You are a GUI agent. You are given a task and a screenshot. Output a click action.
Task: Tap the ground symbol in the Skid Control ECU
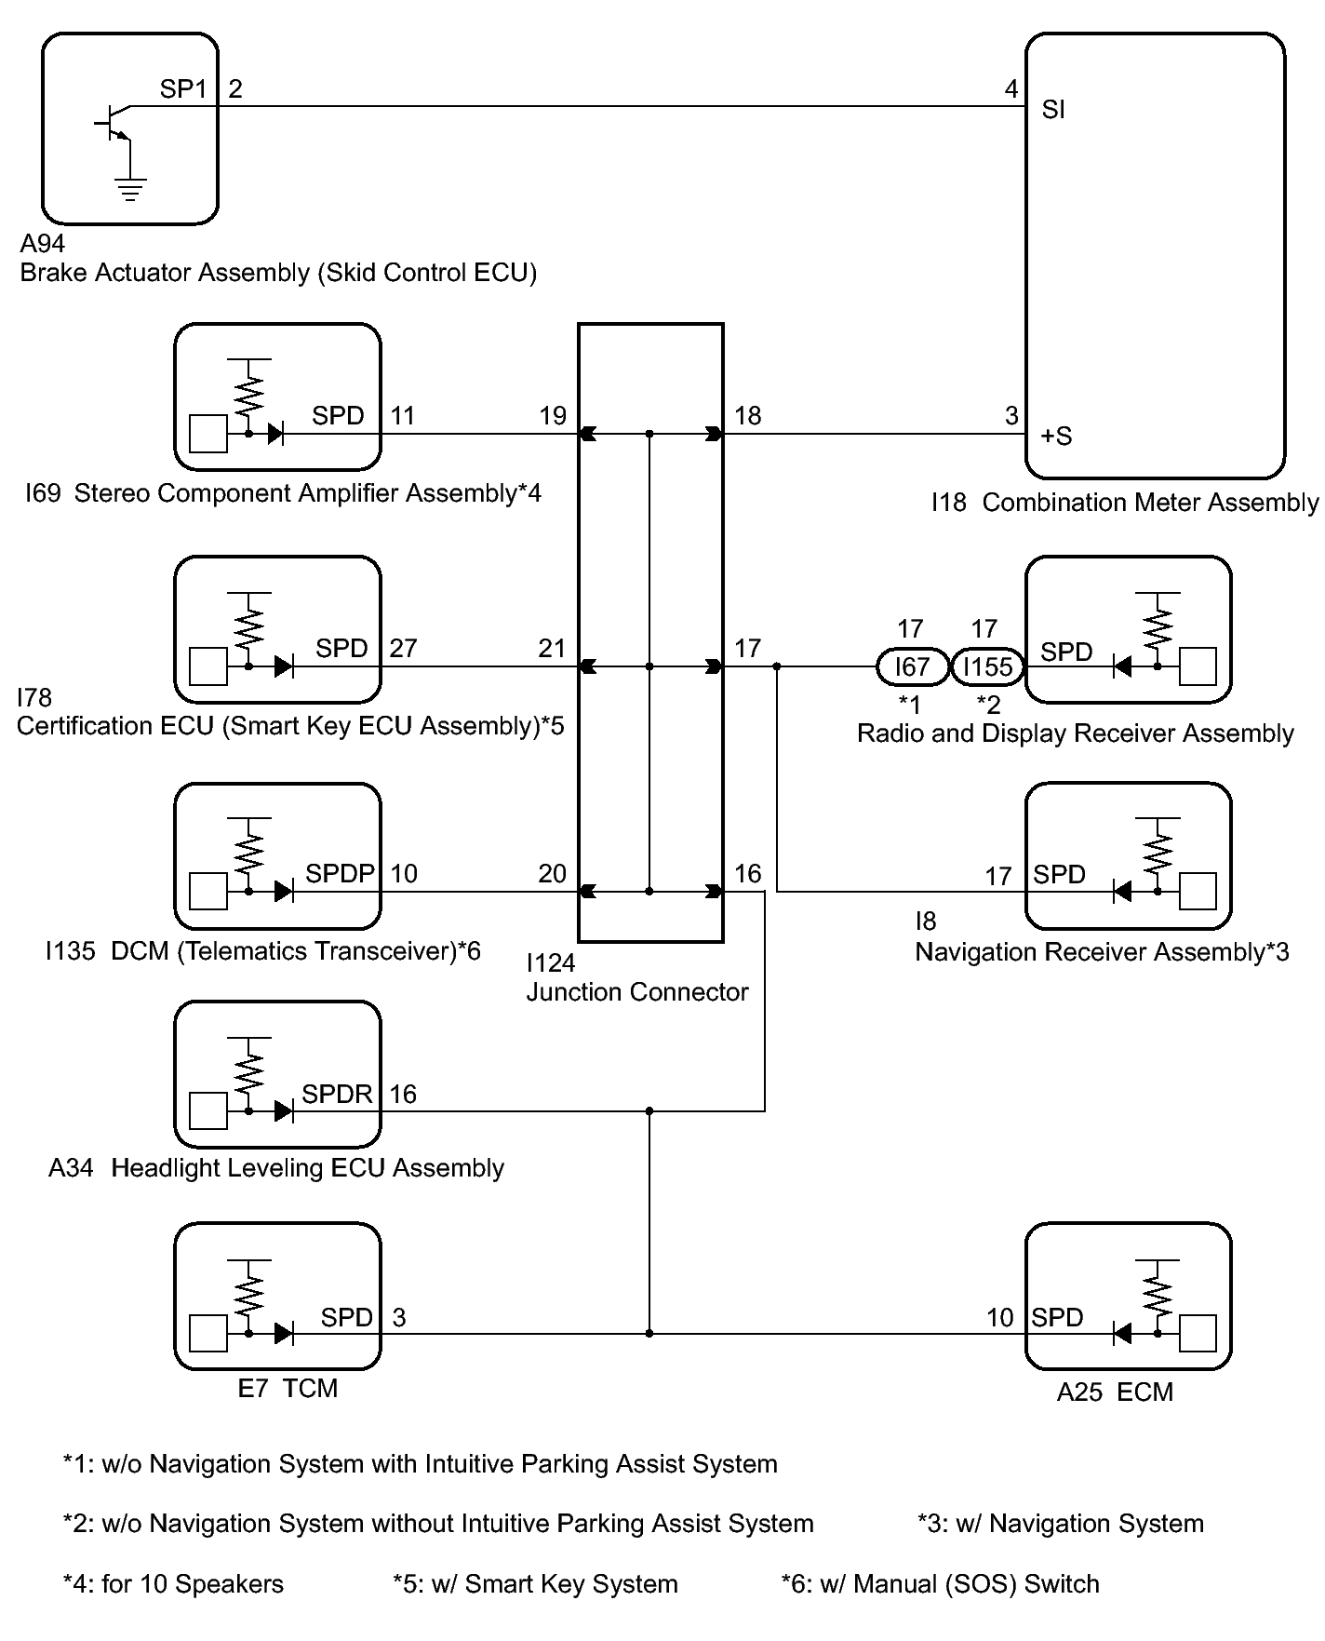130,190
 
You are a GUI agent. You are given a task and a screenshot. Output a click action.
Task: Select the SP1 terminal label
183,89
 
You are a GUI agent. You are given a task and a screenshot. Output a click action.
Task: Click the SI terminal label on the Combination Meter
1053,110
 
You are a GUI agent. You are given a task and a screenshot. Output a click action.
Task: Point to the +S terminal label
1057,436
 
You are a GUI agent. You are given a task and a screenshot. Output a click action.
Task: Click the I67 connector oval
912,666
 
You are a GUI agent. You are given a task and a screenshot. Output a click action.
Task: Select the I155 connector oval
988,666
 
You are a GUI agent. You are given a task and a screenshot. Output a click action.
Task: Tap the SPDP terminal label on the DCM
340,874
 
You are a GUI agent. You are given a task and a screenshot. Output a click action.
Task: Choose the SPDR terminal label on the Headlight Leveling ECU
337,1095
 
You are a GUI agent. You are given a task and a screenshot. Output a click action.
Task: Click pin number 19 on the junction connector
553,416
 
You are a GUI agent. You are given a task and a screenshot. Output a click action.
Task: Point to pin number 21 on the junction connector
552,648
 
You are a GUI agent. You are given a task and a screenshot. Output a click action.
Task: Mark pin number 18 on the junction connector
748,416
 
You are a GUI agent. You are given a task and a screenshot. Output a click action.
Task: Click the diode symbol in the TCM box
285,1334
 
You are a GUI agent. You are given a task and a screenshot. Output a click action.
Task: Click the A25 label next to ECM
1081,1392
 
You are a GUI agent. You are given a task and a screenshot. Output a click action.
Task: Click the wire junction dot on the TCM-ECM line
649,1334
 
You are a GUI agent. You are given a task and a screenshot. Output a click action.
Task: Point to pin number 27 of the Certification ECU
403,648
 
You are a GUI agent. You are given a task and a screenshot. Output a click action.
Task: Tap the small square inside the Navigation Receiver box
1198,892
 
